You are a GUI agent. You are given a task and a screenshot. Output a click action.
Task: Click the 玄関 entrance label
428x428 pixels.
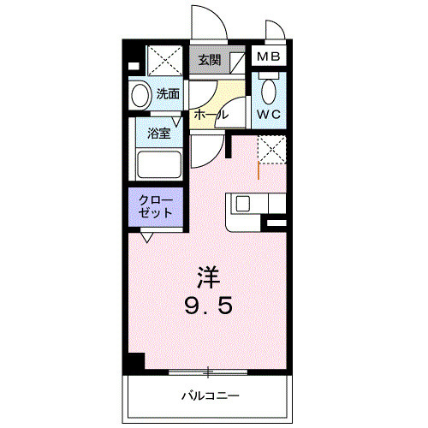coord(208,60)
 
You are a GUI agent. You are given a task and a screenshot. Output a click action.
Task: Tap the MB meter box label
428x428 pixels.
coord(269,58)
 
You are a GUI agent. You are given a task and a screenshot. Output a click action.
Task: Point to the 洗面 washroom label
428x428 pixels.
coord(167,94)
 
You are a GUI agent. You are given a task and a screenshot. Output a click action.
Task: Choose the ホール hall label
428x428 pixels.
coord(211,114)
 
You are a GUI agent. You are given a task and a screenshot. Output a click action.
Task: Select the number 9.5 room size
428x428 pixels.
coord(208,305)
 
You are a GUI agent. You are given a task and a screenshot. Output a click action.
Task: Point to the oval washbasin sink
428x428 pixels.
coord(140,94)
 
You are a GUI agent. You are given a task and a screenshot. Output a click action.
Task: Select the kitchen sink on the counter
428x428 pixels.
coord(242,205)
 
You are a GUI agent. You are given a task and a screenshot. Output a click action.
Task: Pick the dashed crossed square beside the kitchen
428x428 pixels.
coord(273,148)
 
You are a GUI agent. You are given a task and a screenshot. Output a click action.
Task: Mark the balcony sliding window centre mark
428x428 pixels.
coord(208,372)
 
